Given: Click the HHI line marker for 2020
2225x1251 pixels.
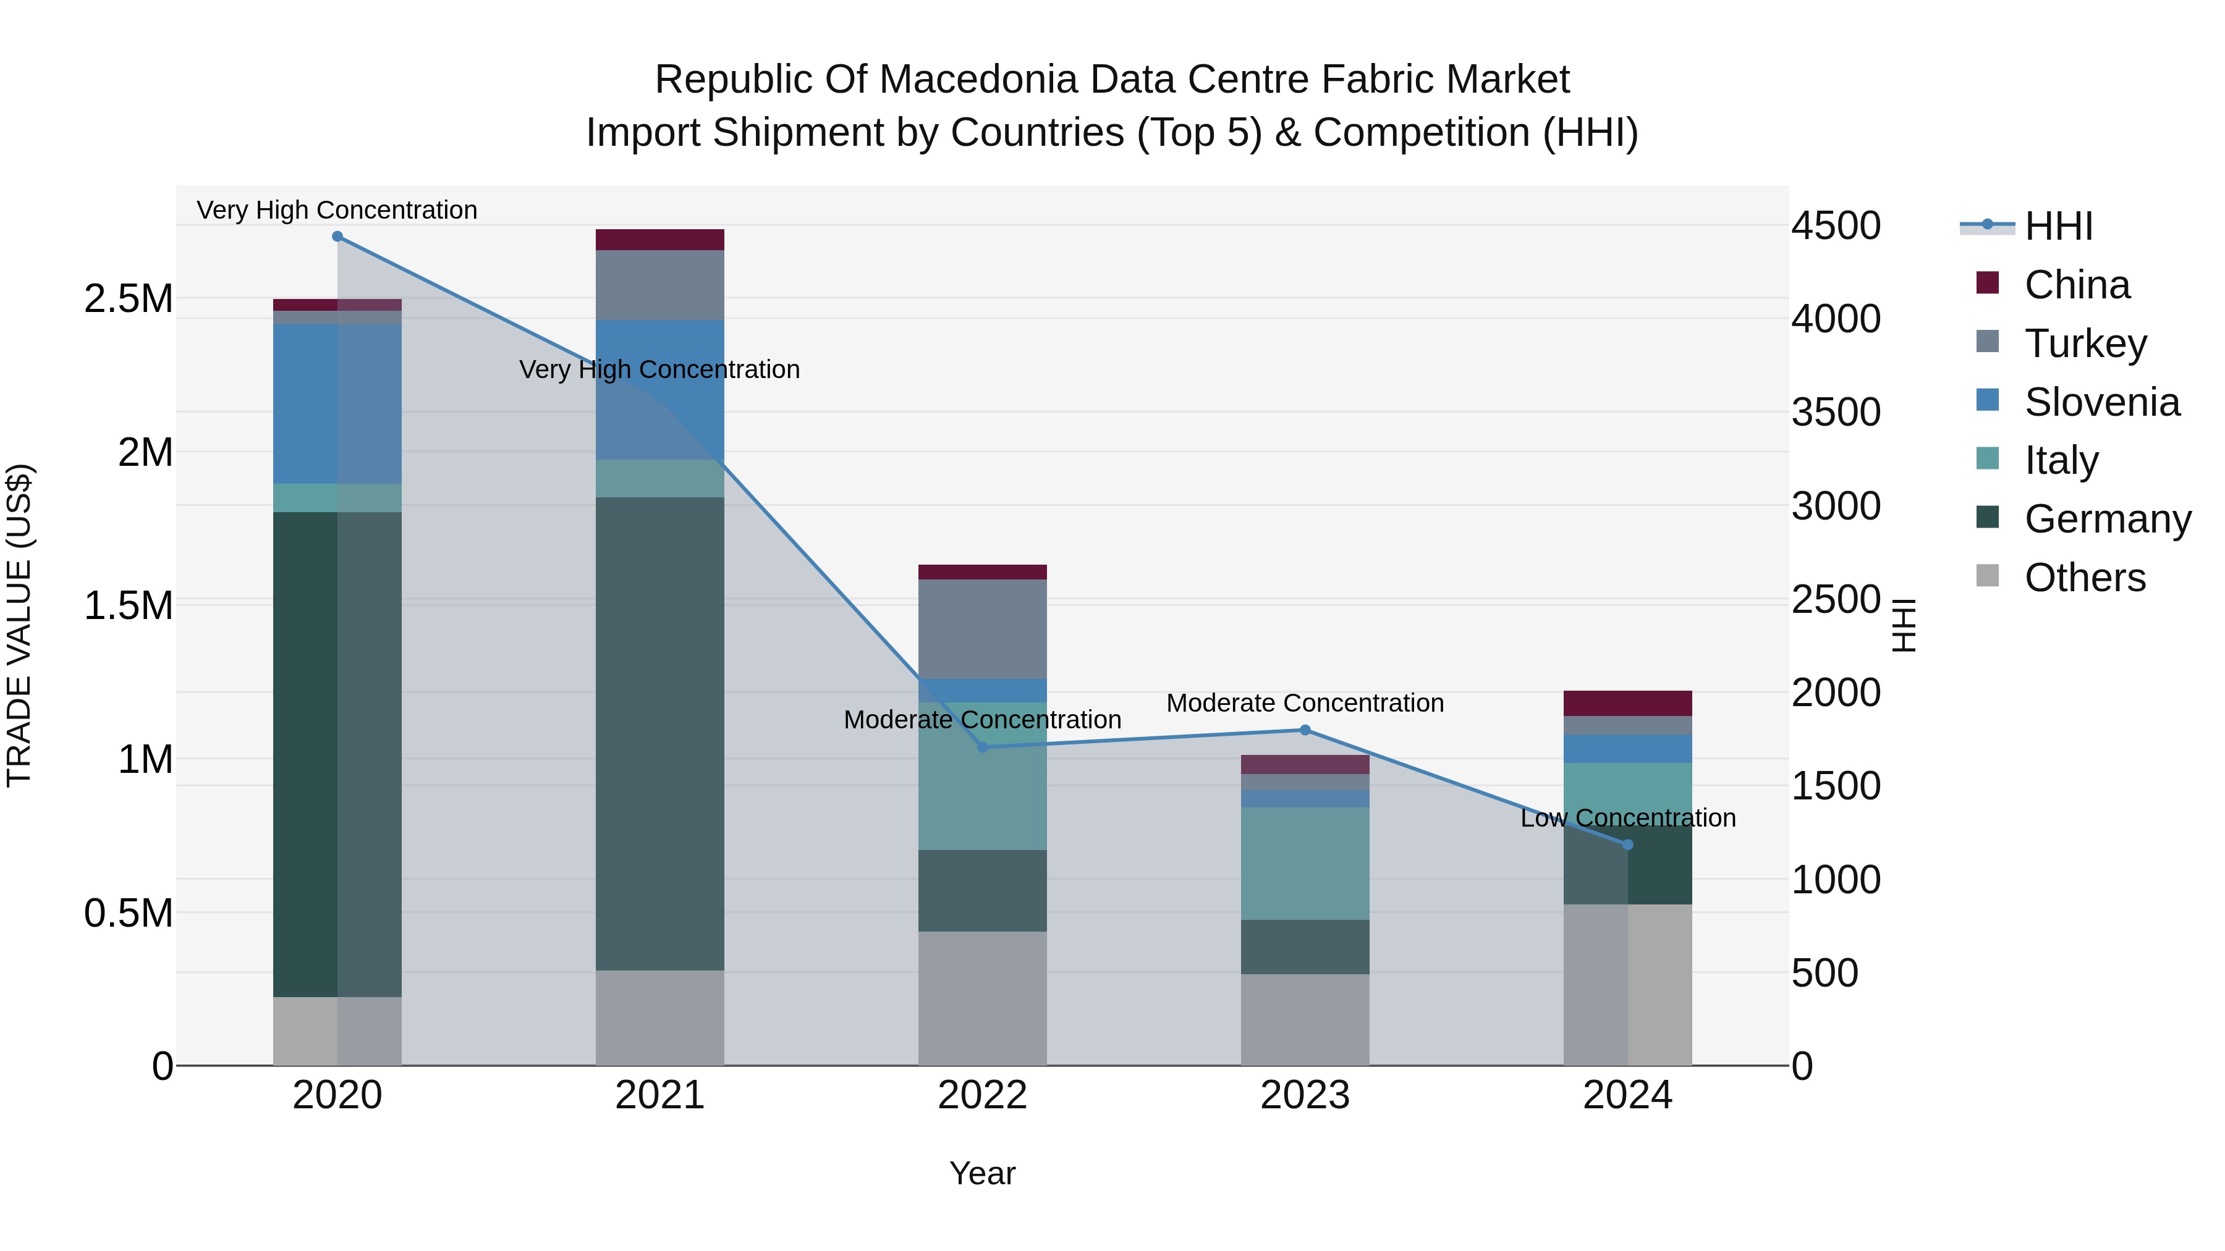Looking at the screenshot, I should click(337, 237).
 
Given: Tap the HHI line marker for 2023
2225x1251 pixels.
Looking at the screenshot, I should click(1305, 730).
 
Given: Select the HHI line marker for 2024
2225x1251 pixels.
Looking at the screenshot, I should click(1627, 845).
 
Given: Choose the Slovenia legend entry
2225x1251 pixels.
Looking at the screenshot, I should click(2101, 402).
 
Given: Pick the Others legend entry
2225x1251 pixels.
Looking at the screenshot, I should click(2084, 578).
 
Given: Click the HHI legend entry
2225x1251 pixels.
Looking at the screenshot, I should click(2058, 226).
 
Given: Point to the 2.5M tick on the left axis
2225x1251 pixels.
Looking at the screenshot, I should click(128, 299).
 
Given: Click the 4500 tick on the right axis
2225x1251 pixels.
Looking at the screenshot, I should click(1836, 226).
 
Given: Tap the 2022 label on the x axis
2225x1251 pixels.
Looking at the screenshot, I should click(982, 1095).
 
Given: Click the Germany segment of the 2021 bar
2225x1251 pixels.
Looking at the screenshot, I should click(660, 734).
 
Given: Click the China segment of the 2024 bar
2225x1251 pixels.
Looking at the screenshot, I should click(1627, 703).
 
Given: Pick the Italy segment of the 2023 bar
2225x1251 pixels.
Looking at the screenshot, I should click(1305, 864).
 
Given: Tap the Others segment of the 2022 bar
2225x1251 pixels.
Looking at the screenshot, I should click(982, 998).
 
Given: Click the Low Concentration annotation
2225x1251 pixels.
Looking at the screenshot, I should click(1627, 817).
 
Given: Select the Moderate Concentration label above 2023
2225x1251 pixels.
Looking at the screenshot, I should click(1305, 703).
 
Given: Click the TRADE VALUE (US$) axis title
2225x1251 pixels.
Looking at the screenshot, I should click(19, 625).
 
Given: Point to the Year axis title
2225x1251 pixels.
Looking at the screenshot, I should click(982, 1173).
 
